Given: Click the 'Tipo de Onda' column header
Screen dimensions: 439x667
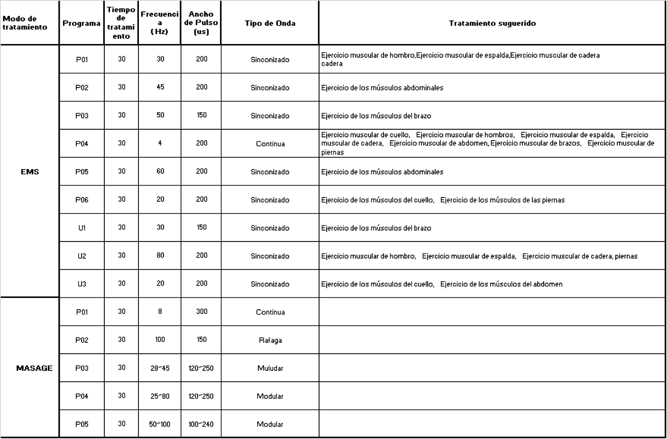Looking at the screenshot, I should (270, 23).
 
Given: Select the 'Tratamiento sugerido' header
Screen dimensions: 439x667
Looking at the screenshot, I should (492, 23).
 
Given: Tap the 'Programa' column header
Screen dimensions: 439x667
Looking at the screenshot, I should (82, 23).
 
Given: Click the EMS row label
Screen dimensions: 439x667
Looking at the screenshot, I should (30, 171).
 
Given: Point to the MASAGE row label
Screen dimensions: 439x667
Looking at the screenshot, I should (34, 368).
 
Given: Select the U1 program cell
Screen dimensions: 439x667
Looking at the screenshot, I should (82, 228).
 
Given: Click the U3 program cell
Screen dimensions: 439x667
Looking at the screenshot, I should (82, 284).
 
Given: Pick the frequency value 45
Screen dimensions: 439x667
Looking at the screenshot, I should (160, 87).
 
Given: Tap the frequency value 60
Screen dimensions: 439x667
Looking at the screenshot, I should (160, 171).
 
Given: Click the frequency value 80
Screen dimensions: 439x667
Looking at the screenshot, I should (160, 256).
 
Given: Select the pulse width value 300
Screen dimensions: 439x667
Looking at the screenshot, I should (201, 312).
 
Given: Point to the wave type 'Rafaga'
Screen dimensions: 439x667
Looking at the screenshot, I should (270, 340).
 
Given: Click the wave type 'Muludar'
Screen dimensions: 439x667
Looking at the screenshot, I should (270, 368).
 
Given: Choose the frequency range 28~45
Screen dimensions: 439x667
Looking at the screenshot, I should (160, 368).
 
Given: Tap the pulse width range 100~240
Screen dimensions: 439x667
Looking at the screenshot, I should (201, 424).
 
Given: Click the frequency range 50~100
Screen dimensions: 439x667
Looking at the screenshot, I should (160, 424).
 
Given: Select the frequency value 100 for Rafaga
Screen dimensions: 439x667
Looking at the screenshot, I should (160, 340).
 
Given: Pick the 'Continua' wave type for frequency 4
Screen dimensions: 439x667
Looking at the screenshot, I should (270, 143).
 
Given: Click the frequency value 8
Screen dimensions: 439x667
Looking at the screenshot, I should (160, 312).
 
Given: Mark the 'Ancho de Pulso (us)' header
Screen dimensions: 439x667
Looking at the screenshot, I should (201, 23).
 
